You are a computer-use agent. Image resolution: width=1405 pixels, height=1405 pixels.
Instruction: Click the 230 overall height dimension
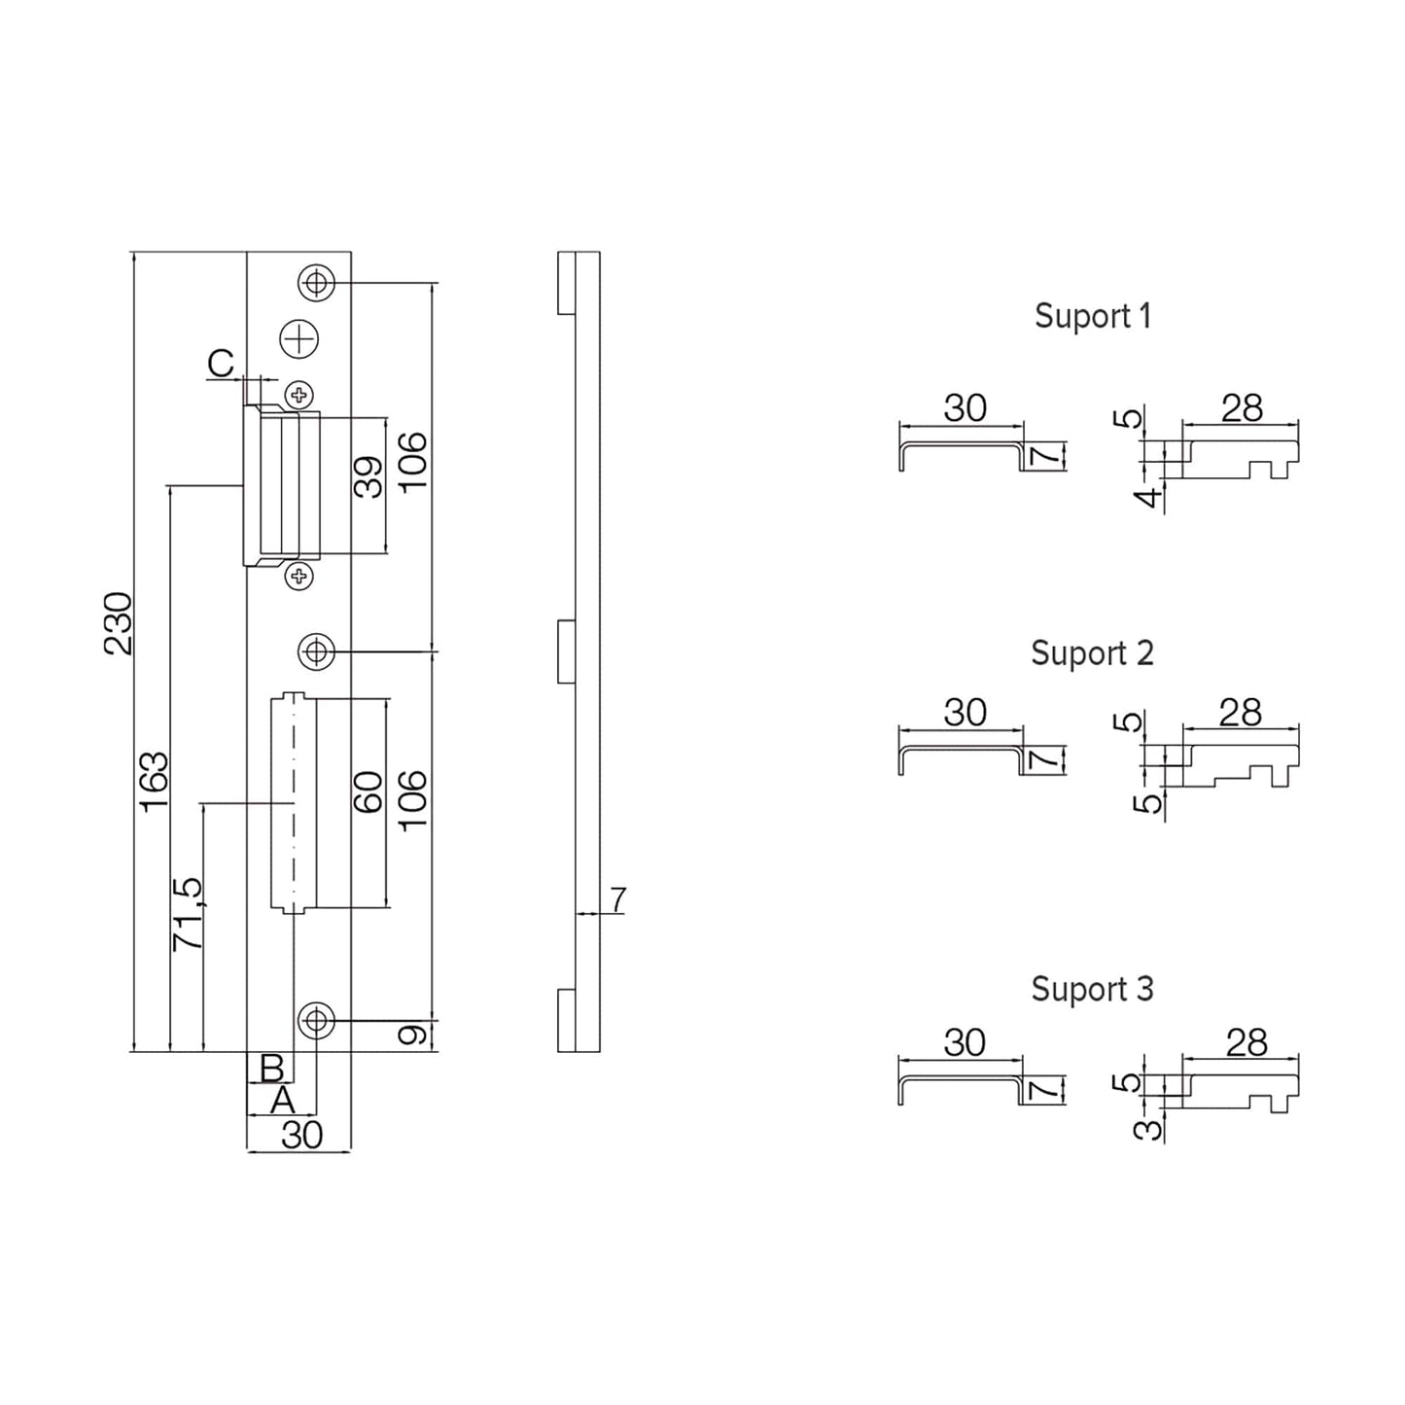119,622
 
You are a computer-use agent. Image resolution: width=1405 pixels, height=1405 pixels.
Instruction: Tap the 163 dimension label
155,781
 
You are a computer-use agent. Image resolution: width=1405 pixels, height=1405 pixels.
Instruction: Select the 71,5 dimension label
188,913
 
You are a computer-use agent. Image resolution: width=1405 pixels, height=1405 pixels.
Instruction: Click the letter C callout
222,364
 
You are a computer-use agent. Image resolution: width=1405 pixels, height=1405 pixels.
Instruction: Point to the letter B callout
271,1068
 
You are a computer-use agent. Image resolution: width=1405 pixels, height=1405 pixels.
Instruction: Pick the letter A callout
282,1101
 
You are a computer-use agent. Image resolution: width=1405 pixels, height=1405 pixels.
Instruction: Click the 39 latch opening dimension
369,477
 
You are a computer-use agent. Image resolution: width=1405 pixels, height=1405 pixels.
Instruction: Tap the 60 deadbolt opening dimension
369,792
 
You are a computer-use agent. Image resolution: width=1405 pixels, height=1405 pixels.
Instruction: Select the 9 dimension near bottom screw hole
413,1036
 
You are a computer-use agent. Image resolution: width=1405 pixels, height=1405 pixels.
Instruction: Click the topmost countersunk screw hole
315,283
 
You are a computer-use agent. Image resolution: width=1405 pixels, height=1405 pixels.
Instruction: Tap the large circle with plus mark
299,338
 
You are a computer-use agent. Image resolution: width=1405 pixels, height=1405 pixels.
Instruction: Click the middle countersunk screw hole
315,650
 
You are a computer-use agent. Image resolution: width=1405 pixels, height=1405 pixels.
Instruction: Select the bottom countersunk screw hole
315,1021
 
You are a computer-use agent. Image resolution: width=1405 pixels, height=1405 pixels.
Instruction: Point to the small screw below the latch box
300,577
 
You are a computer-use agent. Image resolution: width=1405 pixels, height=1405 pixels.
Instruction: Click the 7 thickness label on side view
618,900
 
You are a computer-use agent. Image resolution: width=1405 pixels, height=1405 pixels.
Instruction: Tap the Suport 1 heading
1092,316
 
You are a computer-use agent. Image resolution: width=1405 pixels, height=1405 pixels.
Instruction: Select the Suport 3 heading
1092,989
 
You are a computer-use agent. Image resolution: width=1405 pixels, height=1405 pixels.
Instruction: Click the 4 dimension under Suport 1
1150,497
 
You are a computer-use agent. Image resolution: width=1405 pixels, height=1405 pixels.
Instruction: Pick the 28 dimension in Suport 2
1240,713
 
